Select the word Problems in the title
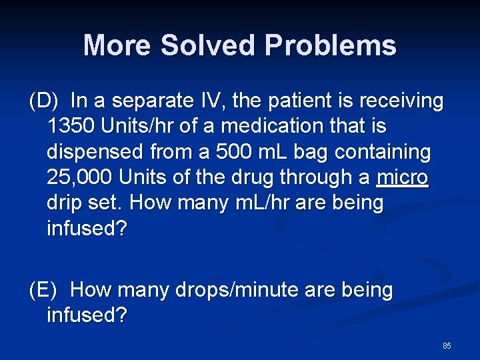[330, 46]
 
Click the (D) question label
[45, 101]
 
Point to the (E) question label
[45, 290]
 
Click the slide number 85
[447, 346]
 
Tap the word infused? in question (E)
[87, 315]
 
